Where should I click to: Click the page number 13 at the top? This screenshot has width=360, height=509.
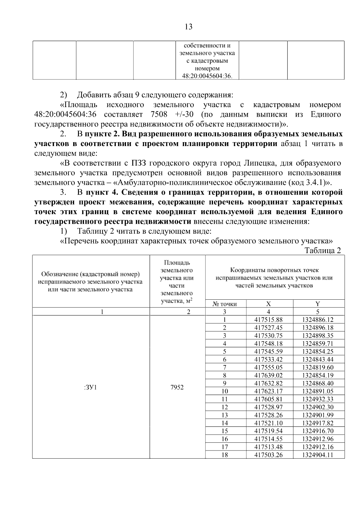[x=188, y=27]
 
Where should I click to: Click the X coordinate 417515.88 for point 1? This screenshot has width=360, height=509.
[x=268, y=320]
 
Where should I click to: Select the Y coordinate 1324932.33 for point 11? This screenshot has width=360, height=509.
[x=318, y=399]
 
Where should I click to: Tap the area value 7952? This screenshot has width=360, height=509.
[x=177, y=387]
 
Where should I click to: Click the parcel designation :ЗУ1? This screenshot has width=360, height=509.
[x=91, y=387]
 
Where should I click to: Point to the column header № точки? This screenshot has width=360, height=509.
[x=225, y=304]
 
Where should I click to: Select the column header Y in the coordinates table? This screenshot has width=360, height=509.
[x=318, y=304]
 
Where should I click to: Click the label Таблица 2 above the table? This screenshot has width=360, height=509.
[x=323, y=251]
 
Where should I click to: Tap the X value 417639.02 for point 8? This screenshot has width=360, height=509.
[x=268, y=375]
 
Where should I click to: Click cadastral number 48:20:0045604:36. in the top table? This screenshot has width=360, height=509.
[x=207, y=76]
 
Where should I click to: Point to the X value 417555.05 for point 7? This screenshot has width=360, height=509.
[x=268, y=367]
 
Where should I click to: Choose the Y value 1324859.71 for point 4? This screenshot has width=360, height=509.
[x=318, y=343]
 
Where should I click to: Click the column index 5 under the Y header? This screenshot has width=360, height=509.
[x=318, y=312]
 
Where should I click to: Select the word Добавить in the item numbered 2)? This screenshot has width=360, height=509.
[x=94, y=95]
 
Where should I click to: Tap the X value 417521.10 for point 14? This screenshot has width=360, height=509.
[x=268, y=423]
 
